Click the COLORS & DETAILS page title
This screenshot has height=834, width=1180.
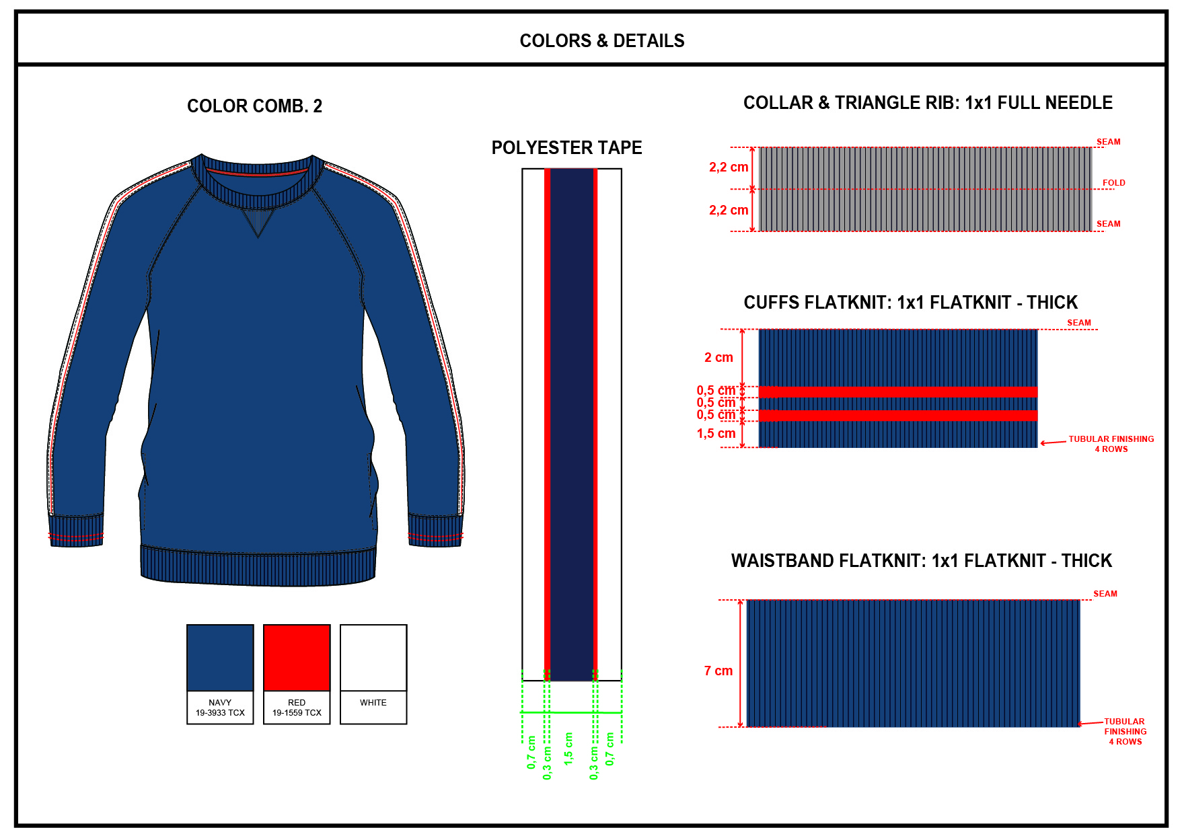click(x=601, y=41)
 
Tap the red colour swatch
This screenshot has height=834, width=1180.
click(x=297, y=657)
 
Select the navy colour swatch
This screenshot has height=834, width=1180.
click(x=220, y=657)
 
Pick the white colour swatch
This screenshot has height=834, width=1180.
click(x=373, y=657)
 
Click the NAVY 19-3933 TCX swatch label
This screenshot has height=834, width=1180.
click(x=220, y=708)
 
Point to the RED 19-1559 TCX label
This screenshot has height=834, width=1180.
click(x=297, y=708)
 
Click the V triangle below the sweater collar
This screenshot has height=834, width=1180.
click(x=258, y=221)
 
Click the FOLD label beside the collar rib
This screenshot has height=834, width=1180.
click(x=1113, y=183)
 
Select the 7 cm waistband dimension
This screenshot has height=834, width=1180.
click(x=718, y=671)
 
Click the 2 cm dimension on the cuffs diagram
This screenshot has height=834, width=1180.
click(x=718, y=358)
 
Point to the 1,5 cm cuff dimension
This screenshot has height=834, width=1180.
click(x=716, y=434)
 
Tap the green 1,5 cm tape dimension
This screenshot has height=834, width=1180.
click(x=568, y=748)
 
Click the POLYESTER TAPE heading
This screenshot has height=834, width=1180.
click(x=566, y=148)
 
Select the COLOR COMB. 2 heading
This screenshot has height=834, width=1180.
click(x=254, y=106)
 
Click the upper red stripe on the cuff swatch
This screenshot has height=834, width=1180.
click(x=897, y=392)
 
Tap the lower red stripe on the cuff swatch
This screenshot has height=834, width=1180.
click(x=897, y=415)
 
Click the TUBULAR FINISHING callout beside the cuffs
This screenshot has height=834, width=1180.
click(x=1111, y=444)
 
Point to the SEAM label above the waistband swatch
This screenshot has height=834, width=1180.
click(x=1105, y=594)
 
